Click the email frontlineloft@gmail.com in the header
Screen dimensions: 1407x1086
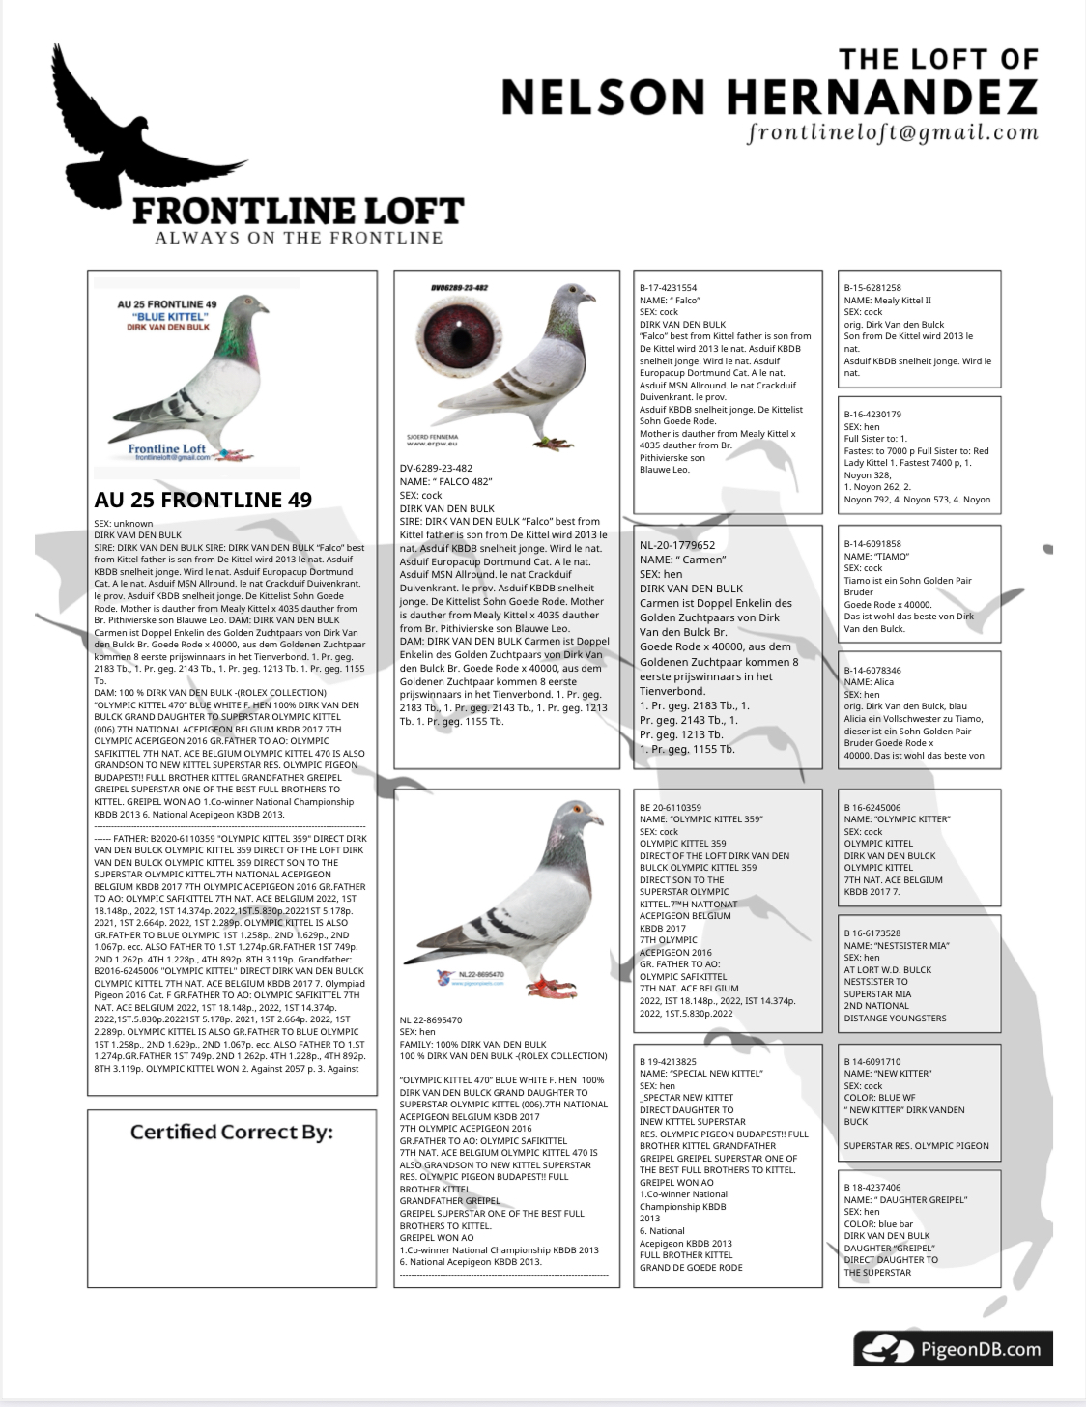pos(892,133)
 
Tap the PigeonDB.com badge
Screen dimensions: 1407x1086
pos(953,1349)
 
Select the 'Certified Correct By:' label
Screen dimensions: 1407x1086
pos(232,1132)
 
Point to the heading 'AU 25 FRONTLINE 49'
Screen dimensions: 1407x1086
pos(203,500)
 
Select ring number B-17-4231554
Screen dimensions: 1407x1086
pos(668,288)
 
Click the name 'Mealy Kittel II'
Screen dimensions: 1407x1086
pos(902,301)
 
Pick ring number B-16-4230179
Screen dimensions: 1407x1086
pos(872,415)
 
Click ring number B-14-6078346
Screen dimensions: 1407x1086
pos(872,670)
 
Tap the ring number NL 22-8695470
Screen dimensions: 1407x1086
pos(431,1019)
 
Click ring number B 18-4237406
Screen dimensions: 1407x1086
pos(872,1187)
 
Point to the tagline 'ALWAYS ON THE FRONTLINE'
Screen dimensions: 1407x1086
pos(299,238)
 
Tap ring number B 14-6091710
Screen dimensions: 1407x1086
pos(872,1061)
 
